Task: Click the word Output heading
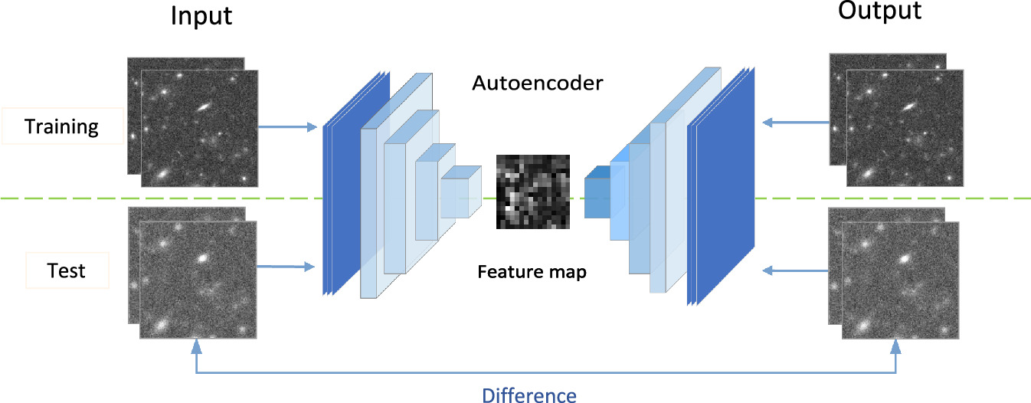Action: pos(880,11)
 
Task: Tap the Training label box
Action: pos(62,126)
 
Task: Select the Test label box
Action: pos(67,270)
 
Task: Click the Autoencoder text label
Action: pos(538,82)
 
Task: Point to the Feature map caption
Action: pos(532,271)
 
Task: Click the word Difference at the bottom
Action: pos(529,395)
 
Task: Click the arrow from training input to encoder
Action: pos(287,126)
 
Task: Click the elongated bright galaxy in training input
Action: pos(203,109)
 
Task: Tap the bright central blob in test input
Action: pos(203,258)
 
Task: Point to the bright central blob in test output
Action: pos(905,260)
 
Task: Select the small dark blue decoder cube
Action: pos(597,198)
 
